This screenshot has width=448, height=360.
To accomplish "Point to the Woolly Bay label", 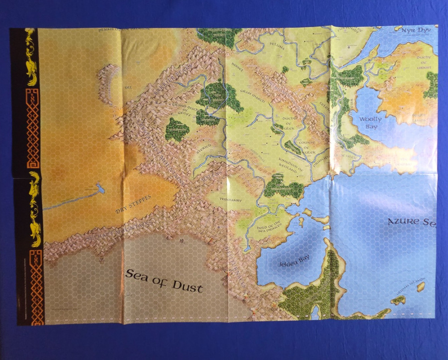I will [x=370, y=122].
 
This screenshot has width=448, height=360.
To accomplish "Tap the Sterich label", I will [x=204, y=151].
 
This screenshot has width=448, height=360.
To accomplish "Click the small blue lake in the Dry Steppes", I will [x=99, y=189].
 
